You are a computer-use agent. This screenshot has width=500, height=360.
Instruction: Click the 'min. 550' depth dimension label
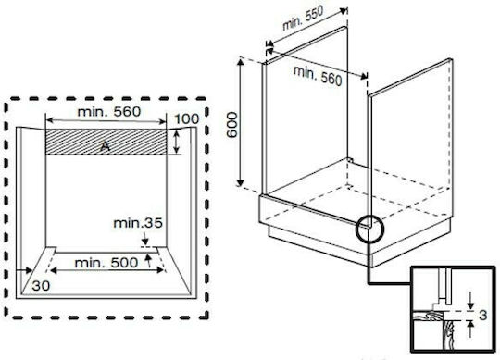tap(303, 19)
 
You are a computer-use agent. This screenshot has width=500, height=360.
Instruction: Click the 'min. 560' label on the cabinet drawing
tap(318, 76)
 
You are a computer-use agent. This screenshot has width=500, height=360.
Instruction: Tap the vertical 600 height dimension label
tap(232, 125)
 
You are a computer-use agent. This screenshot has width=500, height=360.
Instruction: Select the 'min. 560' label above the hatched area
tap(109, 112)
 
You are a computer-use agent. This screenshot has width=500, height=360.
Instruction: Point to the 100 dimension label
tap(187, 119)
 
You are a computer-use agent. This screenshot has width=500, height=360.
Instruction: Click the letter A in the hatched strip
tap(106, 146)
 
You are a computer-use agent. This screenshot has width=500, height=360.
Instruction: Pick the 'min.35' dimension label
tap(138, 223)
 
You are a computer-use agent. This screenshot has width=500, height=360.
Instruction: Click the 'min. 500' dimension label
tap(106, 263)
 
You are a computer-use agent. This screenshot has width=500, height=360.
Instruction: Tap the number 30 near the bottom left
tap(41, 286)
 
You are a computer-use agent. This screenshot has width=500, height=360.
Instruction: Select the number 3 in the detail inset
tap(483, 315)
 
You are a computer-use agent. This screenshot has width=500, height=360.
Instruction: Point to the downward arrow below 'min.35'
tap(145, 238)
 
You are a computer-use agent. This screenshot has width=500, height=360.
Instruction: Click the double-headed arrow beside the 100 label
tap(177, 143)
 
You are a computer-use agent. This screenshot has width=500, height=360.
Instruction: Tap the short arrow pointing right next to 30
tap(25, 270)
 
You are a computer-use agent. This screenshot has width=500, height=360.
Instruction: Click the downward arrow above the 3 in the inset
tap(470, 300)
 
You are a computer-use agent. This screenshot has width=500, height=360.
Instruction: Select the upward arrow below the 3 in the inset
tap(470, 329)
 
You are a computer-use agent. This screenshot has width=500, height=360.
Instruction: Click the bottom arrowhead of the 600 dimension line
tap(241, 182)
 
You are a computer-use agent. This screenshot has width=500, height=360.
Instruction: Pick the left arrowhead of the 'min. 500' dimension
tap(54, 270)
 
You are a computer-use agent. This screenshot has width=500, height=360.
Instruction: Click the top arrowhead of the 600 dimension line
tap(241, 62)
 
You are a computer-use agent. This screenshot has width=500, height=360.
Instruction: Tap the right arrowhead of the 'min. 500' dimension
tap(160, 270)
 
